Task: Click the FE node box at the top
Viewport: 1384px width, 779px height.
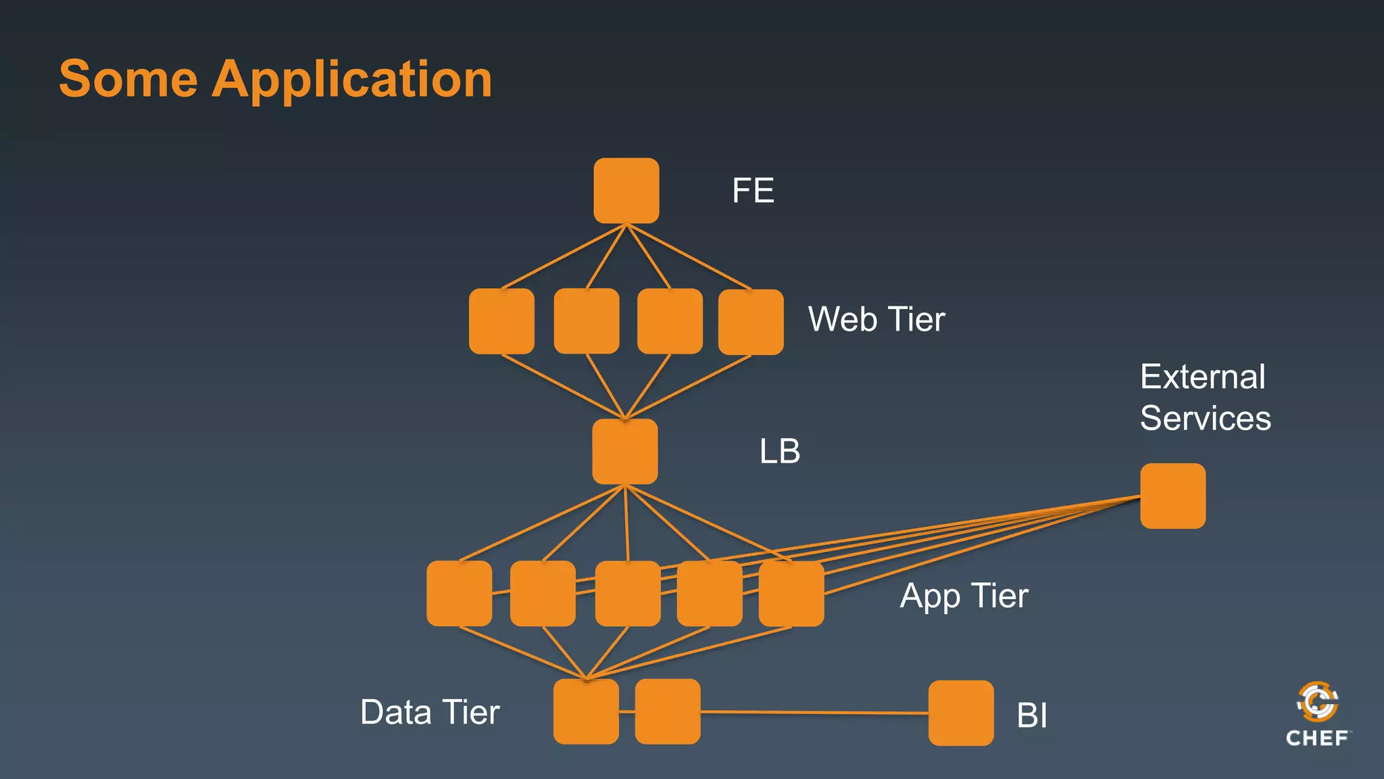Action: (626, 191)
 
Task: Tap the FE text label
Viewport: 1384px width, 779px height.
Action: (753, 191)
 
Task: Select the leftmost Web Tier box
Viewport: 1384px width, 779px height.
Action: (501, 321)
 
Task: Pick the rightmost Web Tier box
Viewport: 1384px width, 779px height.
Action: (751, 322)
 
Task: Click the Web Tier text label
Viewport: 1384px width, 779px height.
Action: (876, 319)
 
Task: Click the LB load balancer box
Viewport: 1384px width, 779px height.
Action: (625, 451)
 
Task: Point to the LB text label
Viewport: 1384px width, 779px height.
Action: (780, 451)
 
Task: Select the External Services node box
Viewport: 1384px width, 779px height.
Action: (1172, 496)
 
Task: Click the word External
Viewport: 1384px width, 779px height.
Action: (1202, 377)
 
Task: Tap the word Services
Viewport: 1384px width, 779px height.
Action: (1205, 418)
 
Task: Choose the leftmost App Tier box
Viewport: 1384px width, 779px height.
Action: (460, 593)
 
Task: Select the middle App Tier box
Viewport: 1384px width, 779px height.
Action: (628, 593)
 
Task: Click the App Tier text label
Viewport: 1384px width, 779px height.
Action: (964, 596)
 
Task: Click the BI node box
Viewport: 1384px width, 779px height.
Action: (960, 713)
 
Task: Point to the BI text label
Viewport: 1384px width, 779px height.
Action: (1031, 715)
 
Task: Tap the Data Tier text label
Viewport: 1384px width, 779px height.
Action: (430, 712)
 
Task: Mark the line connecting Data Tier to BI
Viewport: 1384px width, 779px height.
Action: (811, 712)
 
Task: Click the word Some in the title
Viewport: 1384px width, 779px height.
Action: (128, 78)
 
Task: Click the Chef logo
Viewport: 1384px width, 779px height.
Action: (1317, 714)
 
